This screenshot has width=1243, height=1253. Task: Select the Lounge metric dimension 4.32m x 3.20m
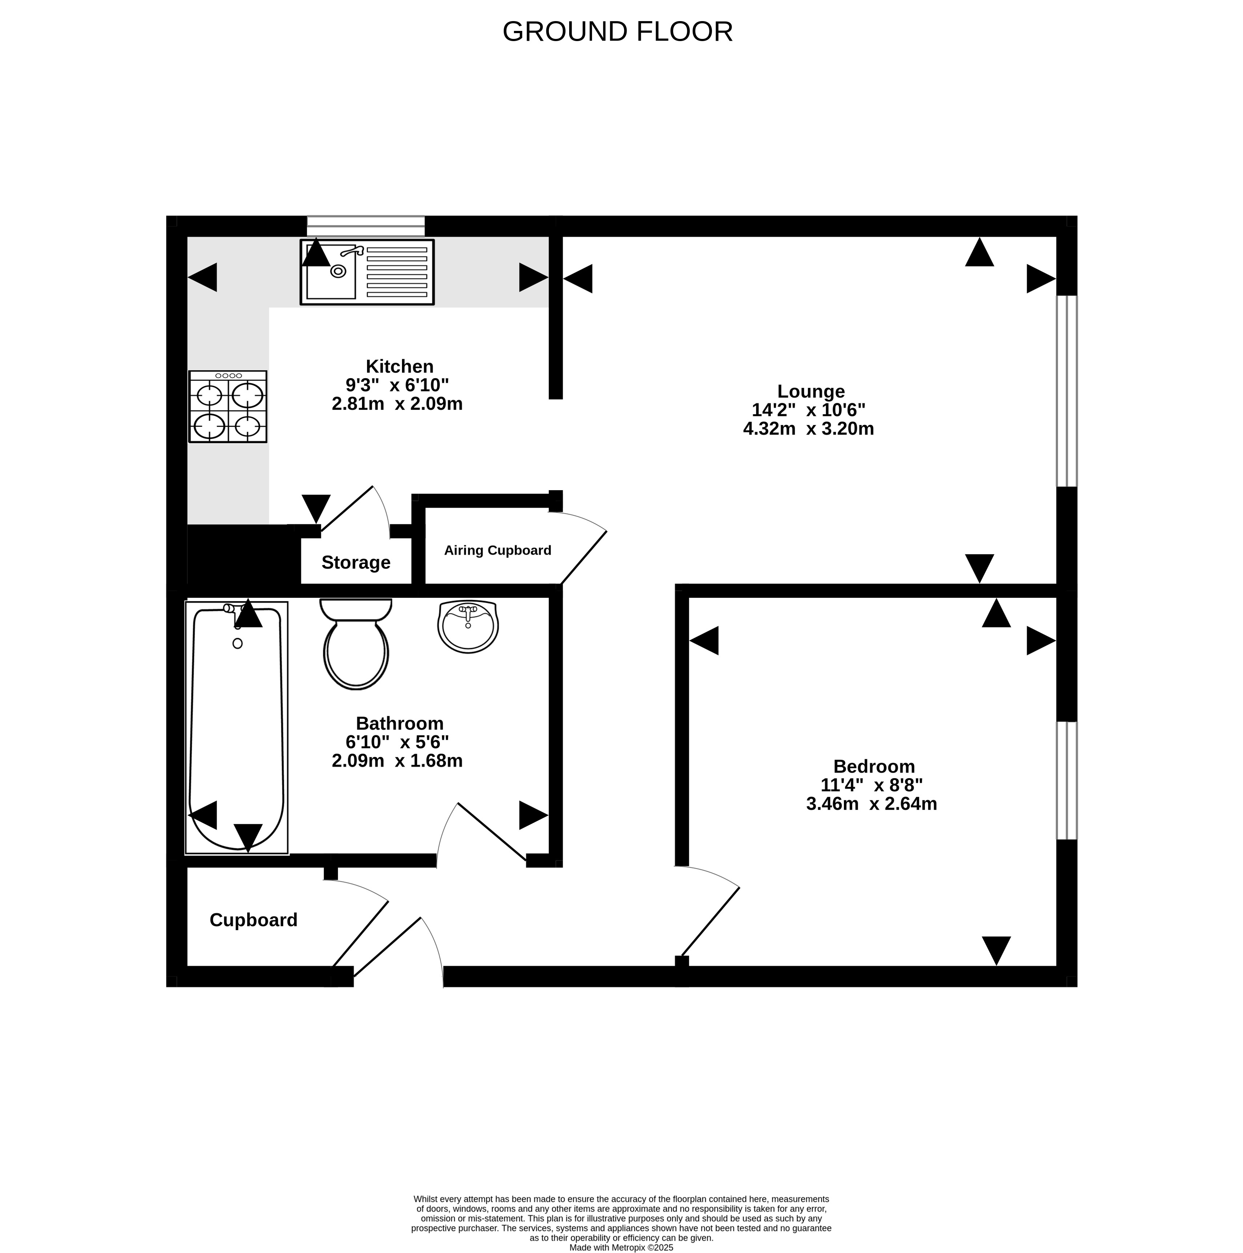coord(809,429)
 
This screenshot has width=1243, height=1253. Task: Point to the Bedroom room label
coord(874,766)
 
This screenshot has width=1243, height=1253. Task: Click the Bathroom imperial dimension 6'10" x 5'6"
coord(398,742)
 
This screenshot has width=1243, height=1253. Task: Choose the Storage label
coord(356,562)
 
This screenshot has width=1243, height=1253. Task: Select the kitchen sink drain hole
coord(338,271)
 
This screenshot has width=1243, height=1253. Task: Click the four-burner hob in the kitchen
coord(228,407)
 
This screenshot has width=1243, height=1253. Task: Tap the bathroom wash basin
coord(468,626)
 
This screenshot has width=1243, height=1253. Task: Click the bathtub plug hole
coord(237,643)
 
